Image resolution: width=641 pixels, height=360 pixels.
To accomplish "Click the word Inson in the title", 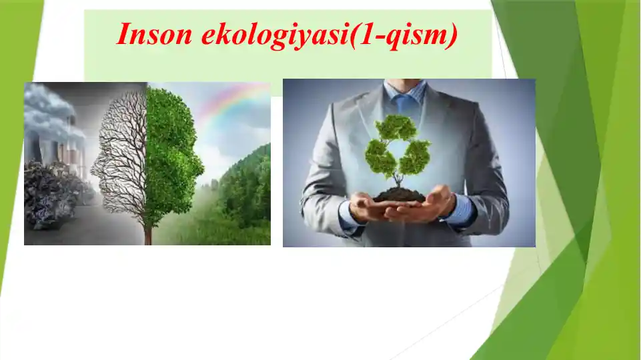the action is (154, 34).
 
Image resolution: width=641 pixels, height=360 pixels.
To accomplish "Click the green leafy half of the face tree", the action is (171, 155).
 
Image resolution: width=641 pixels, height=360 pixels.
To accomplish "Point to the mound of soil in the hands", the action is (399, 195).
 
